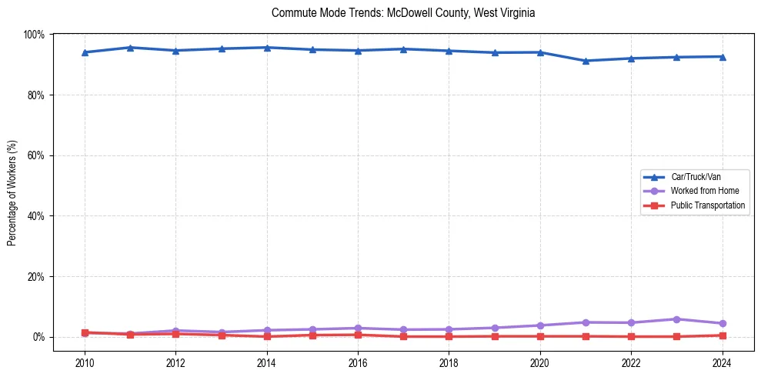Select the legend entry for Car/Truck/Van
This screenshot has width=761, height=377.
pyautogui.click(x=695, y=176)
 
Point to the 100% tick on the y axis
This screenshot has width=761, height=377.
pyautogui.click(x=34, y=35)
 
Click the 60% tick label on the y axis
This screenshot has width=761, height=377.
pyautogui.click(x=35, y=155)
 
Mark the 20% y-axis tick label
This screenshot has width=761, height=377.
pyautogui.click(x=35, y=276)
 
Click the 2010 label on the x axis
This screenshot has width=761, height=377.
pyautogui.click(x=85, y=363)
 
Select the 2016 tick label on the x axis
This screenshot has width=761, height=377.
pyautogui.click(x=358, y=363)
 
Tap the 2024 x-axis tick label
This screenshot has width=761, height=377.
pyautogui.click(x=722, y=363)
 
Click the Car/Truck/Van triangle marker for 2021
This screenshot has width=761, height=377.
pyautogui.click(x=586, y=61)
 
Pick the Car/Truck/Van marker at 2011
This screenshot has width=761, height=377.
pyautogui.click(x=130, y=48)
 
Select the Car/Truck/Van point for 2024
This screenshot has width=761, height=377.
pyautogui.click(x=722, y=56)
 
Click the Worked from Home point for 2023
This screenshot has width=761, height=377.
pyautogui.click(x=676, y=319)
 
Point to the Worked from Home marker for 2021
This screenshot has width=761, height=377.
pyautogui.click(x=586, y=322)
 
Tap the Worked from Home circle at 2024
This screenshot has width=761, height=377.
pyautogui.click(x=722, y=323)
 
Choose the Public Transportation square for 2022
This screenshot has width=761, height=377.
pyautogui.click(x=631, y=336)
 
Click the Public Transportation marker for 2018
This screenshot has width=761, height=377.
pyautogui.click(x=449, y=336)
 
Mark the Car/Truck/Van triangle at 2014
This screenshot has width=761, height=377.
pyautogui.click(x=267, y=48)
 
